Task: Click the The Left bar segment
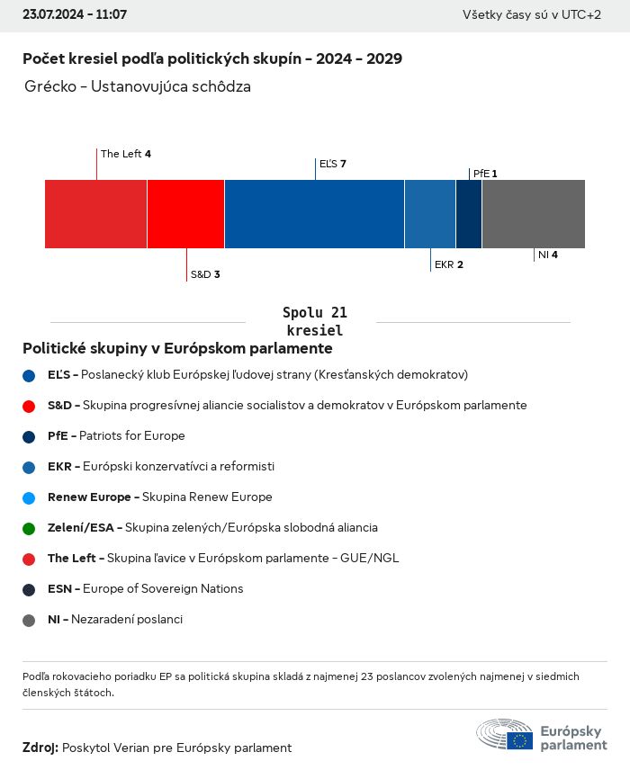95,214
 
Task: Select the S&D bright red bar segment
185,214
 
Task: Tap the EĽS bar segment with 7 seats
314,214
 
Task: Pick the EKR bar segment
430,214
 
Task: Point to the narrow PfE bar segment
469,214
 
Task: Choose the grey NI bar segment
534,214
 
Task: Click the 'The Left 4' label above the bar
126,154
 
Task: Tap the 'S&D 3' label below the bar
205,274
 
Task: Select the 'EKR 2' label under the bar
449,264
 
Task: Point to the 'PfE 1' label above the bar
485,173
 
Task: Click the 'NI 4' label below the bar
548,255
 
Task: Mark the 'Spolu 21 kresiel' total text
314,321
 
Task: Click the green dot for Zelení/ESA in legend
29,528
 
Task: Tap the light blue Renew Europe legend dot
29,497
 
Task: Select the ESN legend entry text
145,589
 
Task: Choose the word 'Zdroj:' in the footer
40,748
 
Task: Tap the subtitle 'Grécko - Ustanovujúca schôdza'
139,87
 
